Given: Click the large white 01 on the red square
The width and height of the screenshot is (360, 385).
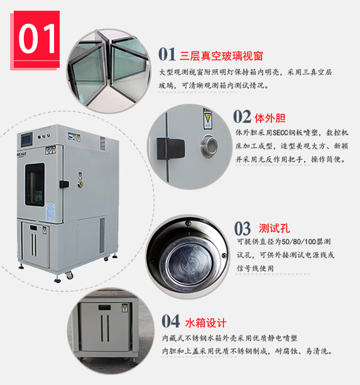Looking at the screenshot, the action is coord(37,38).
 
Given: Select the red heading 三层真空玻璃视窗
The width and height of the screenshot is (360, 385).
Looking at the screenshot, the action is coord(221,56).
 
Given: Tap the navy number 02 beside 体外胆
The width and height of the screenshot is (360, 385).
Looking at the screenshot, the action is coord(242,116).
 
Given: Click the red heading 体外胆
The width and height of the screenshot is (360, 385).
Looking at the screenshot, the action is coord(270,118).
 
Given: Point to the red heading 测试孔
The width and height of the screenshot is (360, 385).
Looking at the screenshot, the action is coord(275,228).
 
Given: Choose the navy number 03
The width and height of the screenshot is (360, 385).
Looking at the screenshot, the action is coord(243,228).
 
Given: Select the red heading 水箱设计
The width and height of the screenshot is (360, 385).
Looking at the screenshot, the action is coord(205,323).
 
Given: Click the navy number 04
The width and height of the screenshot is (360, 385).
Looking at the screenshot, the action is coord(171,321).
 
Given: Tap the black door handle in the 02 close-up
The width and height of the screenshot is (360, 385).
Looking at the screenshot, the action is coord(171,148).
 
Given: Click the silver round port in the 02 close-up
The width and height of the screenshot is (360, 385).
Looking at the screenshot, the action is coord(209,146).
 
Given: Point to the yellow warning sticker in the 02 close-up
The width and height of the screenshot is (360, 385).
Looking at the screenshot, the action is coord(207,119).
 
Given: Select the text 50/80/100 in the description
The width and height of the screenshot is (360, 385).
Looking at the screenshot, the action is coord(299,242).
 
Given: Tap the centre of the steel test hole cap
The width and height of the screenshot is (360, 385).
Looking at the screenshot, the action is coord(188,264).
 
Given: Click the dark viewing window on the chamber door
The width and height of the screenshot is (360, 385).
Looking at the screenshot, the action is coord(35,184).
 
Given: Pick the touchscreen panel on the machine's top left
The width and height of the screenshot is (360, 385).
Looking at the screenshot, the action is coord(26,139).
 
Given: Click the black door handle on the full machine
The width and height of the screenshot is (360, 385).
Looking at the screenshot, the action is coord(64,184).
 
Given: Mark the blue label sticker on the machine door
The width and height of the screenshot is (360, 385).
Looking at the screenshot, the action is coord(50,213).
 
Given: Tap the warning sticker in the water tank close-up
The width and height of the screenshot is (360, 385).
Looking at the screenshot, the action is coord(124,308).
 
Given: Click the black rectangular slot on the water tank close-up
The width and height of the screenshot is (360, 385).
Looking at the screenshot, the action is coord(105,308).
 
